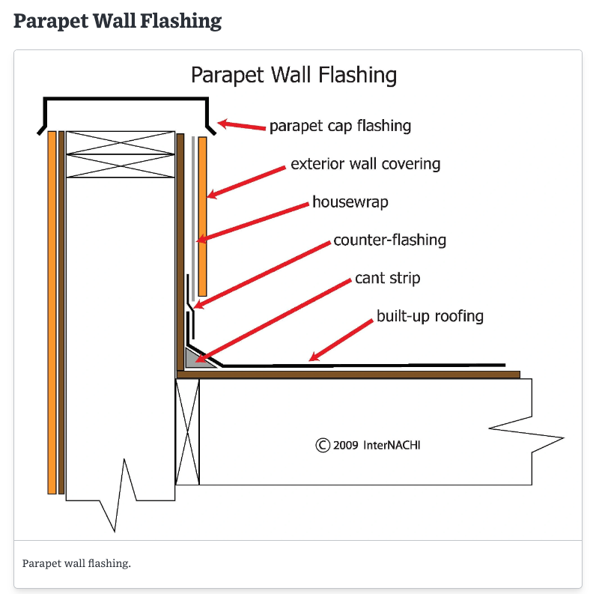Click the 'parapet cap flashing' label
point(340,125)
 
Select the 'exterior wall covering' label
point(365,163)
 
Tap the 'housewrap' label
point(350,202)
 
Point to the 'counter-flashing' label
point(389,240)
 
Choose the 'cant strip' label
point(387,278)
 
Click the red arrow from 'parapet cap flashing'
point(242,126)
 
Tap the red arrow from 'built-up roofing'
point(341,341)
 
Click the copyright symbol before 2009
point(323,445)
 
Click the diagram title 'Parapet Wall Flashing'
point(294,75)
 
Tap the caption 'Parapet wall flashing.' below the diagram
point(76,563)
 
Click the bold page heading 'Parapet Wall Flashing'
point(118,20)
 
